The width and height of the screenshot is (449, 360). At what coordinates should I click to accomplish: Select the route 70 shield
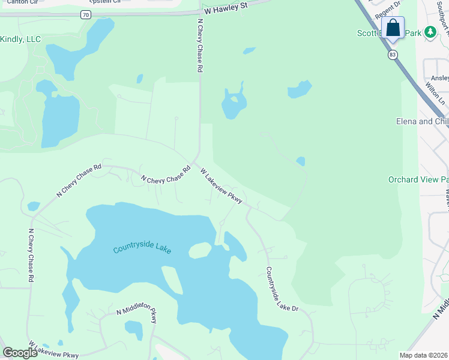86,14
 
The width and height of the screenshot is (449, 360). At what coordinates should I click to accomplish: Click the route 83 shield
393,55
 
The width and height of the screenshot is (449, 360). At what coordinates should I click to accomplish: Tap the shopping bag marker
393,28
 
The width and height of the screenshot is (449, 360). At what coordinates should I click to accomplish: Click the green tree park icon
430,32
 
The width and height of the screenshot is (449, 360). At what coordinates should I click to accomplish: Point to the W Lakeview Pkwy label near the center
221,186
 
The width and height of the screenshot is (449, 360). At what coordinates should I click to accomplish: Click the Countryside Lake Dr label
282,289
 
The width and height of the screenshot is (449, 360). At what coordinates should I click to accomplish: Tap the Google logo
20,353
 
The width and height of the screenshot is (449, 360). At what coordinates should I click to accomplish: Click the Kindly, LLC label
20,39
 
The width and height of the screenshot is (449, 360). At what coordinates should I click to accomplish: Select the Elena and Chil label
422,121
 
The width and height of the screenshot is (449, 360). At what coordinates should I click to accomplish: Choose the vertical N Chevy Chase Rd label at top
200,45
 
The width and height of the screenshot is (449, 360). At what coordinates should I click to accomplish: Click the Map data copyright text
424,355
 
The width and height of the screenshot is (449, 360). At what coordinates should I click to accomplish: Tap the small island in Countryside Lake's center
200,250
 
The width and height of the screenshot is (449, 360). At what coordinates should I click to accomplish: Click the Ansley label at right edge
439,78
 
